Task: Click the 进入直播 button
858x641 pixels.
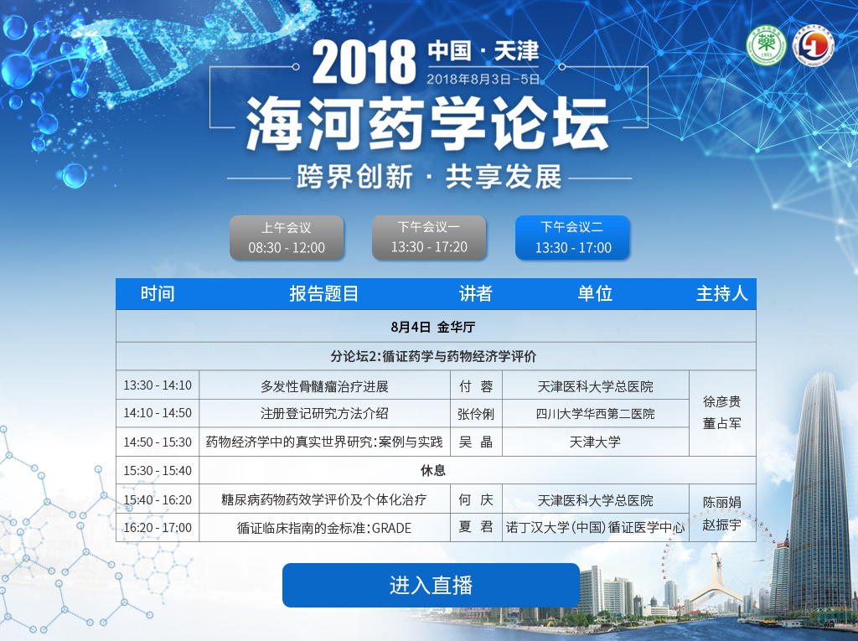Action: tap(431, 585)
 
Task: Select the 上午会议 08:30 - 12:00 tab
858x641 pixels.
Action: tap(287, 238)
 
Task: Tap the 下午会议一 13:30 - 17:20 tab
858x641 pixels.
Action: tap(429, 238)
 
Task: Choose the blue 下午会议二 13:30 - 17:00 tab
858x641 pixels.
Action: tap(573, 238)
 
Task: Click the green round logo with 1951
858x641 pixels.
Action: tap(766, 45)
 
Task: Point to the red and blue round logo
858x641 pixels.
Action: tap(814, 45)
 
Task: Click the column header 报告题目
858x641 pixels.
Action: tap(324, 294)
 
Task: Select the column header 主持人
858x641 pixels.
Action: tap(721, 294)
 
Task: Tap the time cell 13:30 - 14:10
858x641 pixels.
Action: tap(158, 385)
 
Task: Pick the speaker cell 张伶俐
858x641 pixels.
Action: tap(476, 414)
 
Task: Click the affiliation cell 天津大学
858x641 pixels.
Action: tap(596, 442)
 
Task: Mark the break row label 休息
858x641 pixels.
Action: tap(433, 470)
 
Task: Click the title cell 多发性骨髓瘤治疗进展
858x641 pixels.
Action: tap(324, 386)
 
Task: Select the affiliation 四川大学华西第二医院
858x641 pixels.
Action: tap(596, 414)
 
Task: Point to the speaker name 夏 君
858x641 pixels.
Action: tap(476, 526)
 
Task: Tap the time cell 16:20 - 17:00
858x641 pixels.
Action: tap(158, 528)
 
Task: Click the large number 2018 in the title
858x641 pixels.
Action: tap(364, 62)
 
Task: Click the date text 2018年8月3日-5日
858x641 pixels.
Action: tap(483, 80)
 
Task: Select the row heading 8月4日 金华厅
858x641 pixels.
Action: tap(433, 328)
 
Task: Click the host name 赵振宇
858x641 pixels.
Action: tap(721, 525)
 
